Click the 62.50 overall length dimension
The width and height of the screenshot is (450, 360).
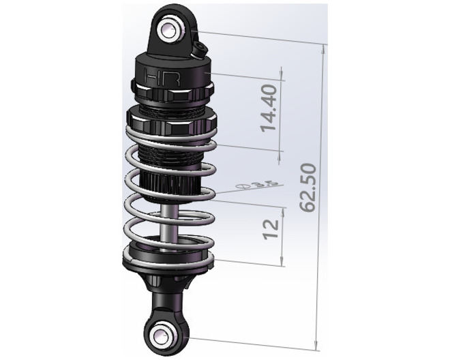point(310,187)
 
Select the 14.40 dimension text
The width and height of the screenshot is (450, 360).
point(269,108)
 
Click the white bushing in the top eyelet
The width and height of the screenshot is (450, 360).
point(168,29)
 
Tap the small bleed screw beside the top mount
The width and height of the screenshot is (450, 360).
point(199,48)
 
